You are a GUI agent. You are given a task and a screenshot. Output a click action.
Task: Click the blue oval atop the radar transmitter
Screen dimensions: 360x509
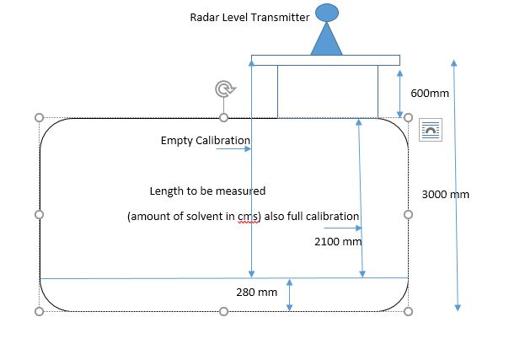327,13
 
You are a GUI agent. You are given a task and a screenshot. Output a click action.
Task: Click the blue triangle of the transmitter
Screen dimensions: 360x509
327,40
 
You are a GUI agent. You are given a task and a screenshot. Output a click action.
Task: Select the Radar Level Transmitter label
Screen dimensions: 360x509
249,17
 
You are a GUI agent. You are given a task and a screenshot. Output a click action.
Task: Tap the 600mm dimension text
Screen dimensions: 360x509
429,93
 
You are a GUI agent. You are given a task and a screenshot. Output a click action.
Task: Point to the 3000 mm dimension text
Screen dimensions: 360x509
445,194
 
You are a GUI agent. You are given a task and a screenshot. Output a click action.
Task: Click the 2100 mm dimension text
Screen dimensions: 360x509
337,241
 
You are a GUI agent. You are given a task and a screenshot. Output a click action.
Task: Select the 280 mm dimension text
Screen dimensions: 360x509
256,293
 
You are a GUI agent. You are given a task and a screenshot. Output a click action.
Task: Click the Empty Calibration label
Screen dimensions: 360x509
206,140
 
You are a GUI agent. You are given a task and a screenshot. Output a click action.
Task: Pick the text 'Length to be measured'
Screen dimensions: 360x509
207,191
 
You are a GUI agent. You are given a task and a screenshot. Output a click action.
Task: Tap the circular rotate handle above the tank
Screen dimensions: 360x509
223,89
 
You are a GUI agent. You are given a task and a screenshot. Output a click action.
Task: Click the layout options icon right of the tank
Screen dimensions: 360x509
430,129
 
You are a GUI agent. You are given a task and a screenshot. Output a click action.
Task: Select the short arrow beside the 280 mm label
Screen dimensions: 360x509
289,294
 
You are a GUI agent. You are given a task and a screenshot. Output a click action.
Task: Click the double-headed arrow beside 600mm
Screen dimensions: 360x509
399,93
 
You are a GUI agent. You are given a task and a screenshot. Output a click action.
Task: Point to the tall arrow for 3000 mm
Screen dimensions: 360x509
456,185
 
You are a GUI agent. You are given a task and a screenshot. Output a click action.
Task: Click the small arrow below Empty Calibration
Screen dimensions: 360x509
233,149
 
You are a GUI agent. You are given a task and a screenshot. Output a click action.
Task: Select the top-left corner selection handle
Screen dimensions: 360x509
39,118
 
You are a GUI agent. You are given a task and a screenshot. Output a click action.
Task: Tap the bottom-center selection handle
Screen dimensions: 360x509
223,312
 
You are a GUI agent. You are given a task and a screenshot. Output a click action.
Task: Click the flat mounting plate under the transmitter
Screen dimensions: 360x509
325,60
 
